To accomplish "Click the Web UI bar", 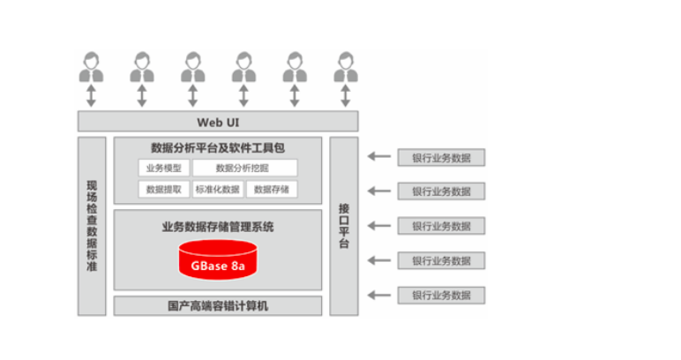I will click(x=218, y=122).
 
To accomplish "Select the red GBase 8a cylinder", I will click(x=217, y=259).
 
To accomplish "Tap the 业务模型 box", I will click(x=163, y=168).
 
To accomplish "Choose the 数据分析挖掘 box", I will click(x=244, y=168).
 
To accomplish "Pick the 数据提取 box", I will click(x=163, y=189).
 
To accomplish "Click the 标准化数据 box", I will click(x=216, y=189).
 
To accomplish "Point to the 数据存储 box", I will click(x=271, y=189).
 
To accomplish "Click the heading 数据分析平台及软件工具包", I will click(x=217, y=147).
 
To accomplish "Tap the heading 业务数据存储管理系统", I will click(x=217, y=227).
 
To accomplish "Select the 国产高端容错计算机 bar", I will click(x=217, y=306).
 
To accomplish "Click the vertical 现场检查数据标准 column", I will click(x=92, y=226).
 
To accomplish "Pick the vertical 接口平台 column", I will click(x=344, y=226).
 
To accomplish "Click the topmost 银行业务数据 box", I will click(x=441, y=158).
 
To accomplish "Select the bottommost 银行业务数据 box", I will click(x=441, y=295).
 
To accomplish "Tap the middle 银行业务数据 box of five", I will click(x=441, y=226).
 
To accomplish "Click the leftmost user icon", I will click(x=91, y=67).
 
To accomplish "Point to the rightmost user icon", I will click(x=346, y=67).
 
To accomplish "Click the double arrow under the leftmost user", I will click(x=91, y=95).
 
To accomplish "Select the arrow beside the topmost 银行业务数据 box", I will click(x=378, y=157).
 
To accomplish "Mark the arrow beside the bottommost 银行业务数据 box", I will click(x=378, y=295).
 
